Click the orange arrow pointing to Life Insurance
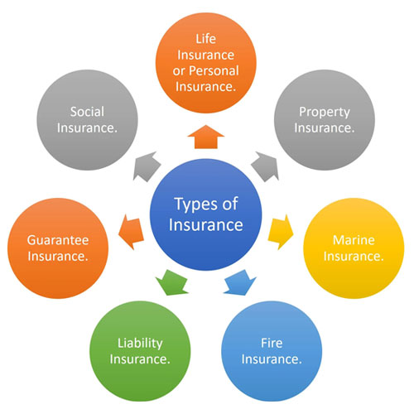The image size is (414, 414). (x=206, y=137)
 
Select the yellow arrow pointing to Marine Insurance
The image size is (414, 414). (x=281, y=232)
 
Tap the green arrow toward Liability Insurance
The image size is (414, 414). (x=171, y=283)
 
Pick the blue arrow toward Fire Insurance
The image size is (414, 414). (x=239, y=283)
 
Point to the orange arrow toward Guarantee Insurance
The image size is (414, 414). (x=131, y=232)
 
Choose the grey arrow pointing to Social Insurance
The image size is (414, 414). (x=147, y=166)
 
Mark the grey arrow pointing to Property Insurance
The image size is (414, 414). (x=265, y=166)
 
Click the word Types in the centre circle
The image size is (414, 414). (x=195, y=205)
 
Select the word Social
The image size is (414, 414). (x=87, y=112)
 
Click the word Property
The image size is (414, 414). (x=325, y=113)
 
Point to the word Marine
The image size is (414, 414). (x=354, y=240)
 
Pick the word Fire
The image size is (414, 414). (x=272, y=343)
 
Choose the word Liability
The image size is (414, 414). (x=140, y=344)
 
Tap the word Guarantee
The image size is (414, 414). (x=58, y=240)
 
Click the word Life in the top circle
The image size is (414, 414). (x=206, y=39)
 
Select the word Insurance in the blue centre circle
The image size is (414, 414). (x=206, y=224)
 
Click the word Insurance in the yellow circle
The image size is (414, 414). (x=354, y=256)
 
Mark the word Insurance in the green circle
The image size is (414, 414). (x=140, y=359)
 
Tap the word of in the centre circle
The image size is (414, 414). (x=230, y=204)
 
